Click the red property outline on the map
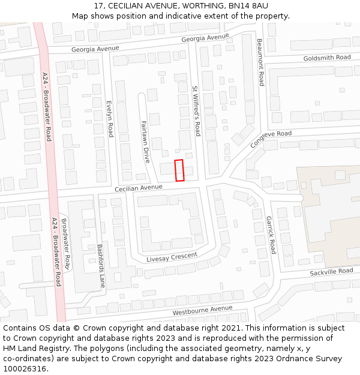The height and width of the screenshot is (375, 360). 179,170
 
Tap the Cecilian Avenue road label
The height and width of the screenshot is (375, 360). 139,187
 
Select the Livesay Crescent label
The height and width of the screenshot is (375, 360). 172,257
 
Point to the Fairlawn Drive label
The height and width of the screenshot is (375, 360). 145,142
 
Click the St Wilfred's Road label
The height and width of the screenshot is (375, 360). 196,106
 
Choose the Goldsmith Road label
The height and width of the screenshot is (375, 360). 327,57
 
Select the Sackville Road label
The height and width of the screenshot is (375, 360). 332,272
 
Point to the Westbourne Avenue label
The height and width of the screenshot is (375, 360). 202,311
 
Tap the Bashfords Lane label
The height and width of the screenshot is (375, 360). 101,265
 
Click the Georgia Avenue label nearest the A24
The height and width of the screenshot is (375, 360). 95,48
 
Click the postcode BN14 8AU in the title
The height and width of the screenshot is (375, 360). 248,5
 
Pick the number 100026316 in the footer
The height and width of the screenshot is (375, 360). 25,368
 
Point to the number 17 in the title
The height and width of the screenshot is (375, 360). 99,5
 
